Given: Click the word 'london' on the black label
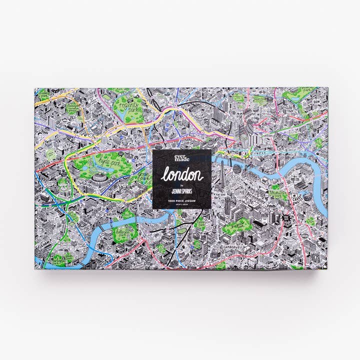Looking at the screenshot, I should click(181, 175).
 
